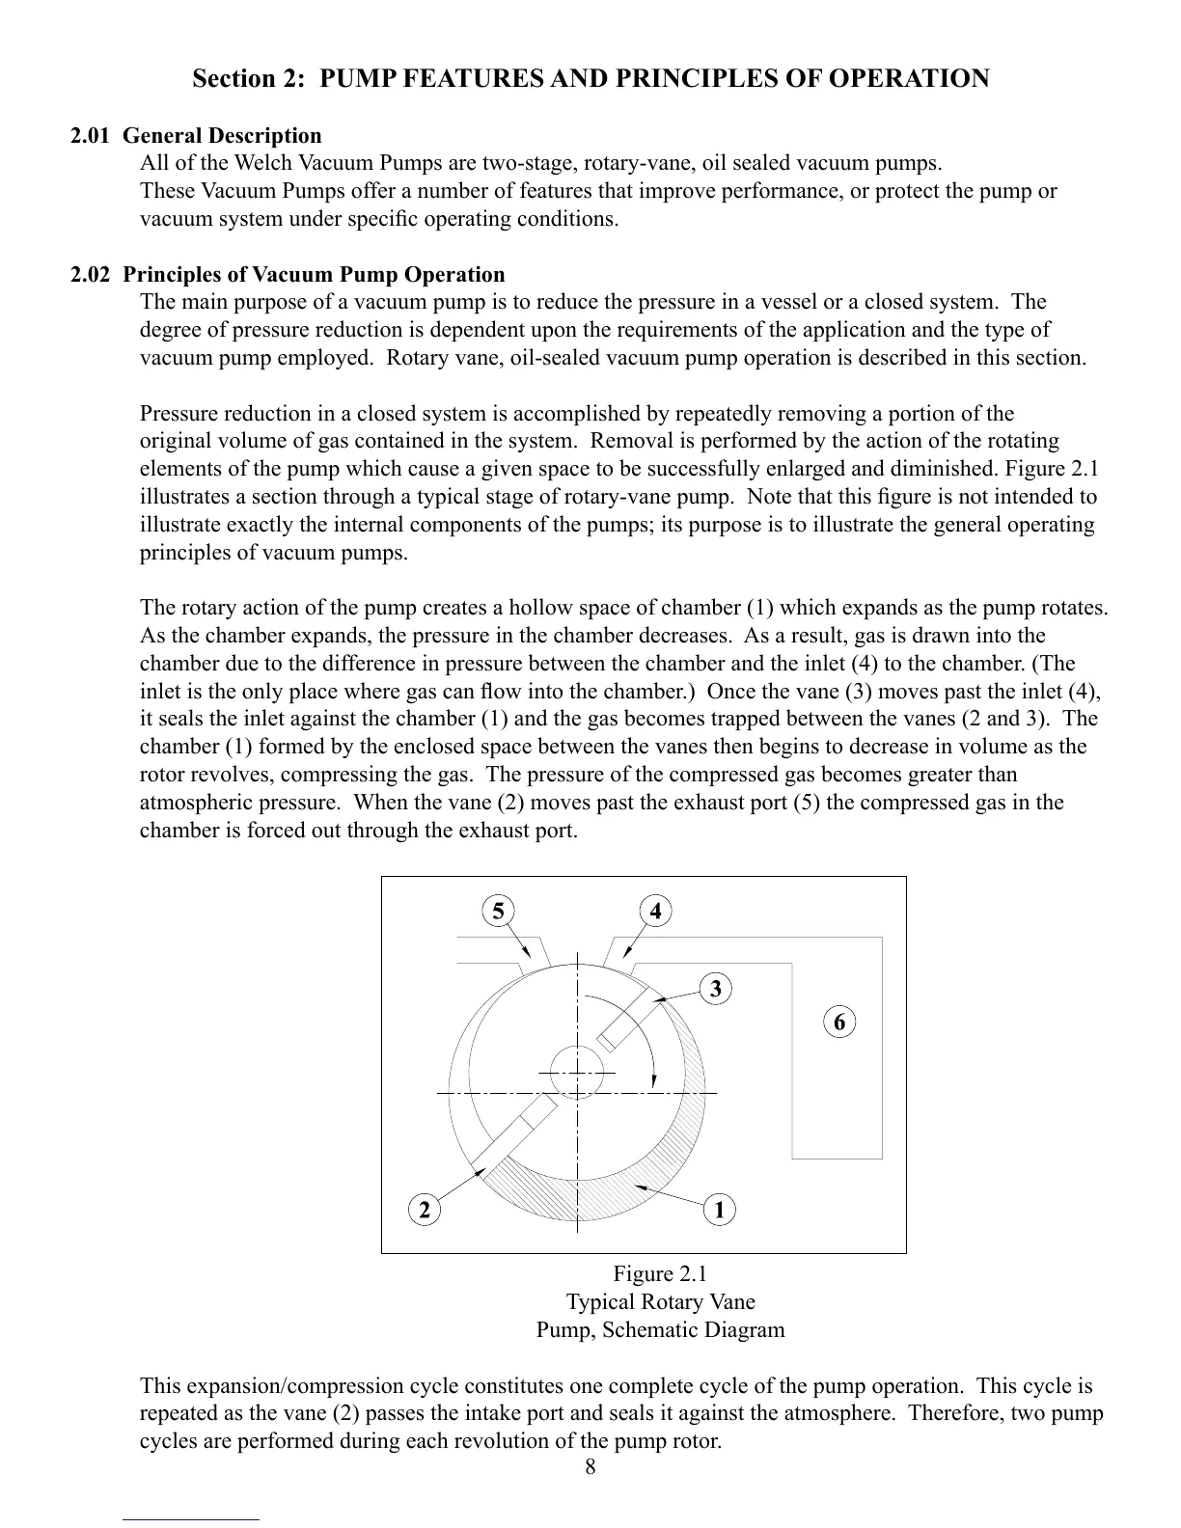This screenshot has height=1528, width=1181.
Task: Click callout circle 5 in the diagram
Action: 497,911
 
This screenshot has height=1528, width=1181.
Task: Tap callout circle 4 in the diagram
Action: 656,911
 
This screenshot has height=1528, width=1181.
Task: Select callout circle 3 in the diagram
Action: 715,989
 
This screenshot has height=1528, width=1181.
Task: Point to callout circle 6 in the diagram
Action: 839,1022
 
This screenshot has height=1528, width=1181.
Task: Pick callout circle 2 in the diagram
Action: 423,1209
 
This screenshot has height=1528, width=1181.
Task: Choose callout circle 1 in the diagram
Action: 719,1209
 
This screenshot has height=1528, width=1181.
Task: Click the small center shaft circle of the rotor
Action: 577,1072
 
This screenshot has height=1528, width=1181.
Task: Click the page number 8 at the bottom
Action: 590,1468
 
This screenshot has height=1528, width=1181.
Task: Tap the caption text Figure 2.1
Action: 660,1273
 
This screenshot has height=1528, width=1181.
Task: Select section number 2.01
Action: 90,136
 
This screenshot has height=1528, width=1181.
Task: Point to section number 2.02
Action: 90,275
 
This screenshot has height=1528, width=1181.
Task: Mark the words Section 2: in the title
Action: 248,78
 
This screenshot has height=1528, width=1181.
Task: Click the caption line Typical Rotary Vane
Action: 660,1301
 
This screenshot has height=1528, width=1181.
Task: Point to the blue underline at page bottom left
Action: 191,1519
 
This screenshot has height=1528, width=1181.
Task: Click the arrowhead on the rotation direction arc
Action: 655,1078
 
